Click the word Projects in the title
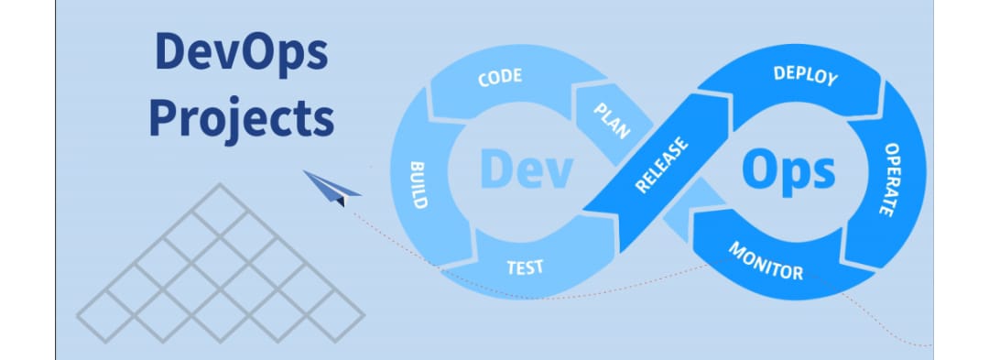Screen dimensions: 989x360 241,120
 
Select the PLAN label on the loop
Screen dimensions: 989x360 612,120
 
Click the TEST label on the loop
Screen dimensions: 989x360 525,267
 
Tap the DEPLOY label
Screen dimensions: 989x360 805,75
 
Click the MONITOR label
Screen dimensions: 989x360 766,261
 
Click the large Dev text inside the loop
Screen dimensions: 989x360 526,170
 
